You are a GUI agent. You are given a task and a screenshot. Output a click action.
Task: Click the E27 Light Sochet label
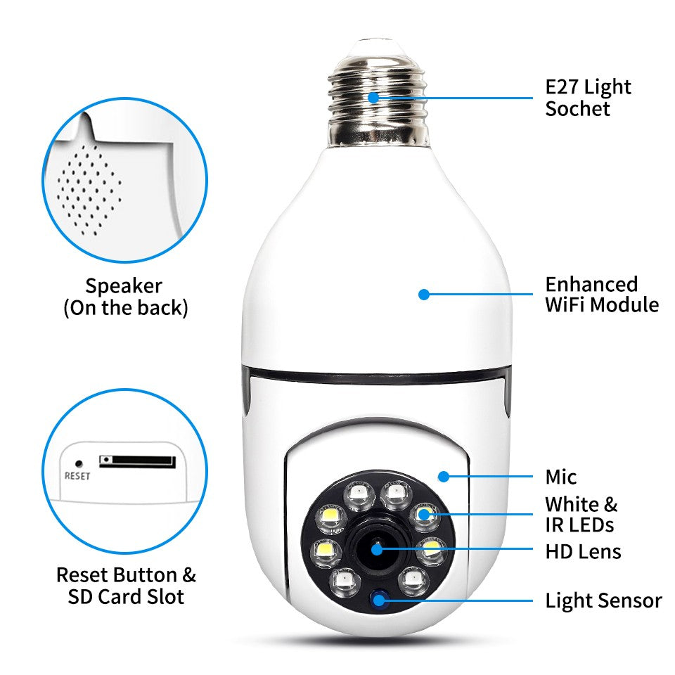coord(588,98)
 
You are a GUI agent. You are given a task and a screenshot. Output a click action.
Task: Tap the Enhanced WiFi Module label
coord(601,295)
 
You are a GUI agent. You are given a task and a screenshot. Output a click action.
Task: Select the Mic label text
coord(561,477)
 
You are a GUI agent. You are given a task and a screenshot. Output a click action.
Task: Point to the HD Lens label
coord(583,551)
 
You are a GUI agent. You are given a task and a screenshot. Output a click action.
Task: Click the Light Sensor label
coord(603,601)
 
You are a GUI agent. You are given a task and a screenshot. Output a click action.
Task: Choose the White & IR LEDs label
coord(581,515)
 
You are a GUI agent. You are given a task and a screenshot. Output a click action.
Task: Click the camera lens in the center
coord(377,548)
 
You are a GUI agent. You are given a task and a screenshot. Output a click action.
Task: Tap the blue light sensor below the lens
coord(381,600)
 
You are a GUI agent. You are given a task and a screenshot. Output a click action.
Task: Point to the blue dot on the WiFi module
coord(423,295)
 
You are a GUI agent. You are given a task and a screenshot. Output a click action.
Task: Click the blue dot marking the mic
coord(443,477)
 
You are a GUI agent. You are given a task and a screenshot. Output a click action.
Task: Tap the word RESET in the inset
coord(77,475)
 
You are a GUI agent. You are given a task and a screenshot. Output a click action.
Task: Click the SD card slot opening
coord(137,461)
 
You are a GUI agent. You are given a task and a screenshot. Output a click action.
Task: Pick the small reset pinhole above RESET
coord(79,463)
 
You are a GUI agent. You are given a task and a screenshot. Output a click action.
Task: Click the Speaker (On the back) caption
coord(125,297)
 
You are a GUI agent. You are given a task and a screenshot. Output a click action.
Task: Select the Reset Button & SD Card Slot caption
coord(126,586)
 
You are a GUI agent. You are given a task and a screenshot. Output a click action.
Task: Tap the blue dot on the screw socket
coord(373,98)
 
